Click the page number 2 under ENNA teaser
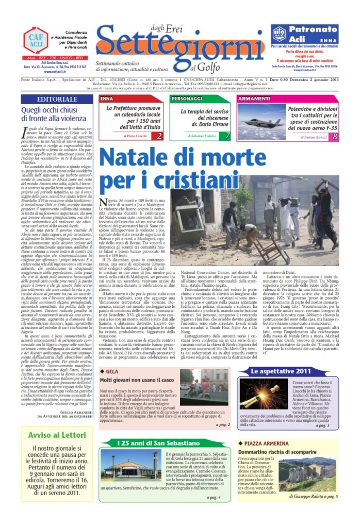coord(159,136)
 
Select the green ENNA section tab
coord(108,98)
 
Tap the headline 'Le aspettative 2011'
coord(288,385)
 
